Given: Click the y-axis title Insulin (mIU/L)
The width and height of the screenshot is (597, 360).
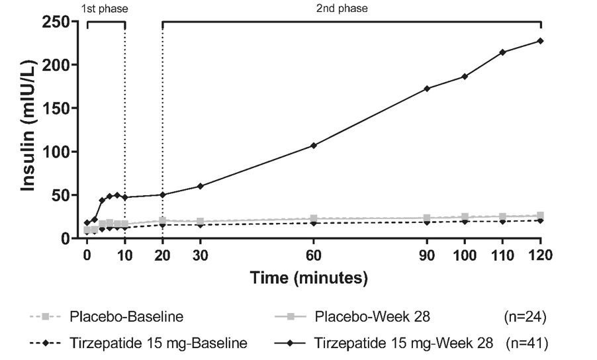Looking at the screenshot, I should [x=28, y=131].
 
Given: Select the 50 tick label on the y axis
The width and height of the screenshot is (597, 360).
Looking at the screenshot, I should [x=62, y=195].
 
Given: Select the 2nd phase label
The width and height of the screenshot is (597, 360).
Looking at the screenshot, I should [x=352, y=9].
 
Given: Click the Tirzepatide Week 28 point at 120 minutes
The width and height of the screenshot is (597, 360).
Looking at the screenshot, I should [x=541, y=41].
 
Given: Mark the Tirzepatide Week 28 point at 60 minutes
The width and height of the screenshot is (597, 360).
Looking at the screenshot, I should [x=314, y=145].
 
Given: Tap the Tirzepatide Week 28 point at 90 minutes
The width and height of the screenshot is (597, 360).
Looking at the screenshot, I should [x=427, y=89].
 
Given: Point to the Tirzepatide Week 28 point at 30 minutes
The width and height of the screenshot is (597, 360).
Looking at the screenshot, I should [x=200, y=186].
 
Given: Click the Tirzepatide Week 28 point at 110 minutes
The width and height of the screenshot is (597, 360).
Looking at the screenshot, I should [x=503, y=52].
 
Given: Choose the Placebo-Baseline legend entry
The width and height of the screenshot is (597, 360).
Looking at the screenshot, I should [x=126, y=317].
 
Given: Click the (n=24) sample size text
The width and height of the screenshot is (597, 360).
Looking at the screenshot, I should [x=526, y=317].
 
